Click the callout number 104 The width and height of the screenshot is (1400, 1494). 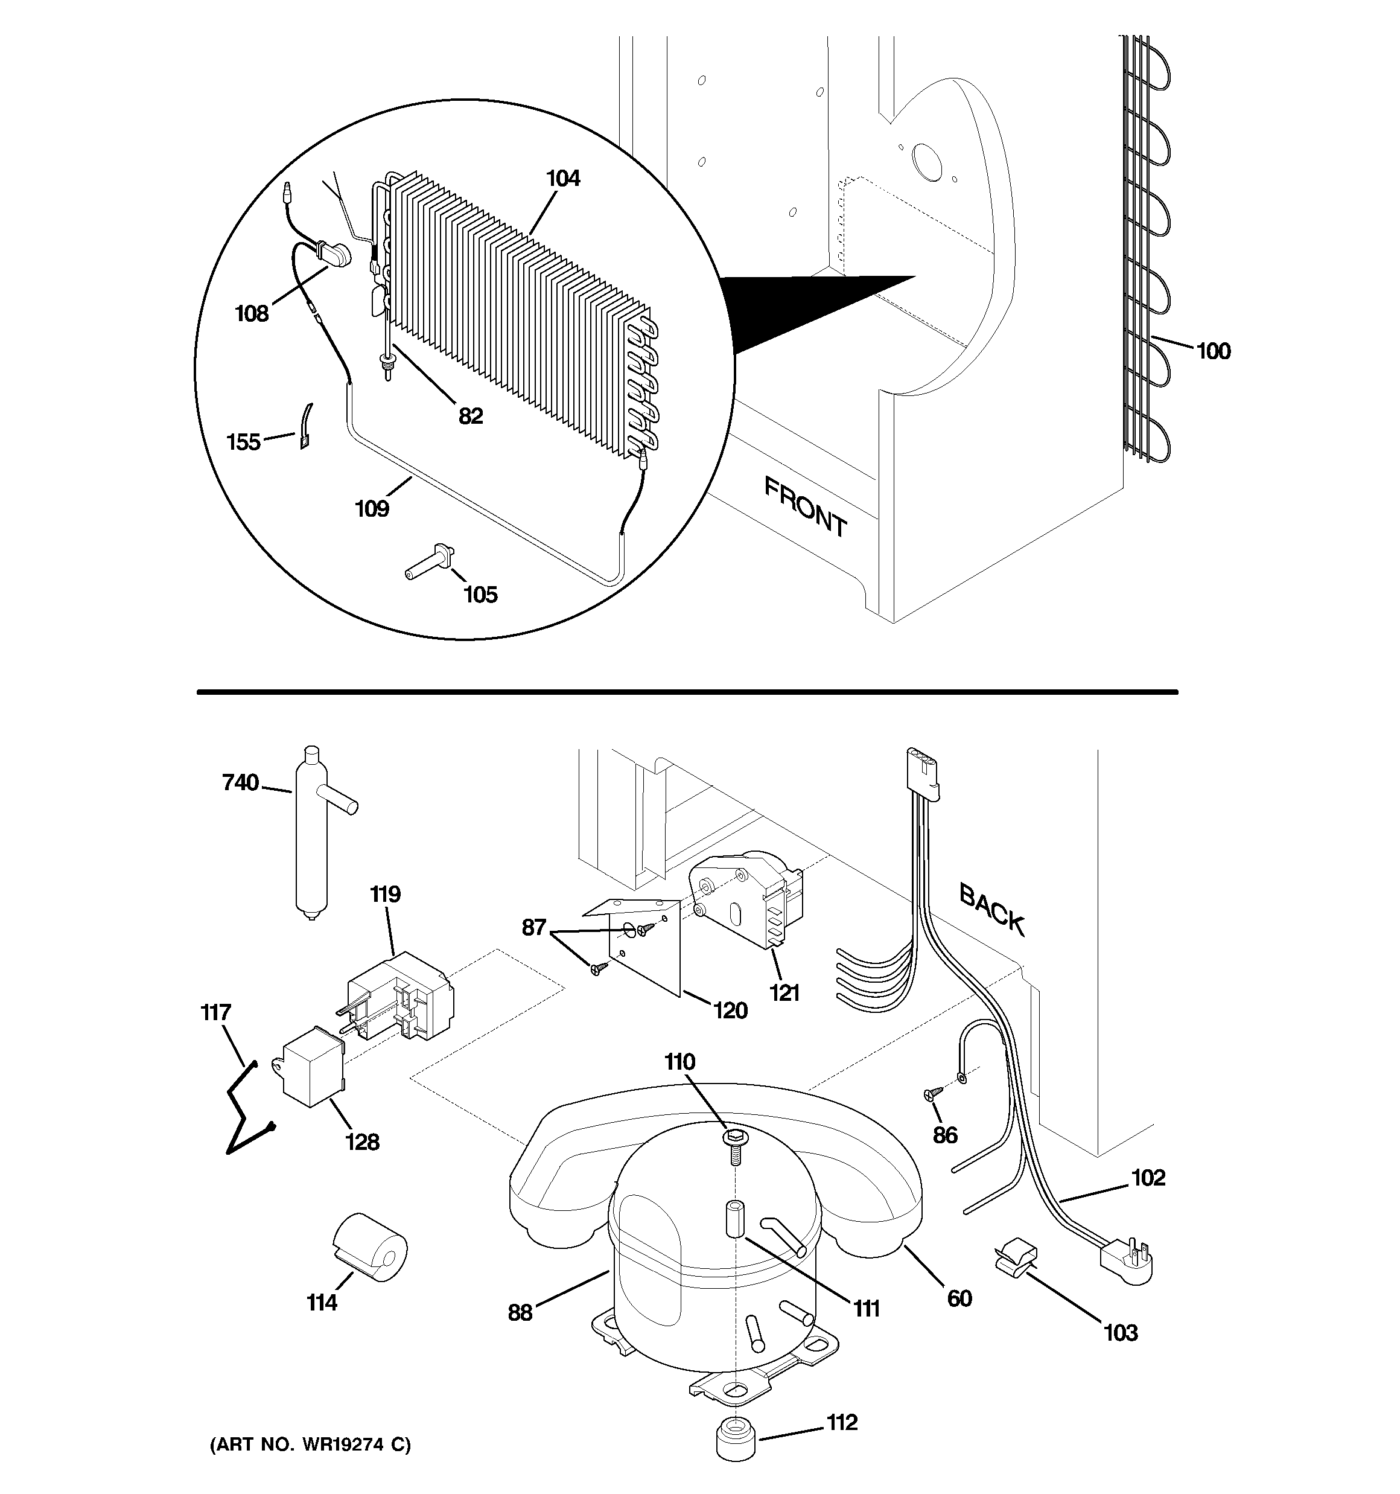tap(563, 179)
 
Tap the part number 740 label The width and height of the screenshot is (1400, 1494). tap(240, 783)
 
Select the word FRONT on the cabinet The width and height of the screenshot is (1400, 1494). tap(806, 506)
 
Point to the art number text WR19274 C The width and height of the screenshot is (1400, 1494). tap(310, 1445)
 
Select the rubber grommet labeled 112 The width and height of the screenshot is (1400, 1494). tap(736, 1439)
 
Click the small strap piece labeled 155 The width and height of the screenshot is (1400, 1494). tap(306, 426)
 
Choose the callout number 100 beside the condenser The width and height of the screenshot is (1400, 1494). tap(1213, 351)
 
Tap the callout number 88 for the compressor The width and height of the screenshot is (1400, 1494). tap(520, 1312)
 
